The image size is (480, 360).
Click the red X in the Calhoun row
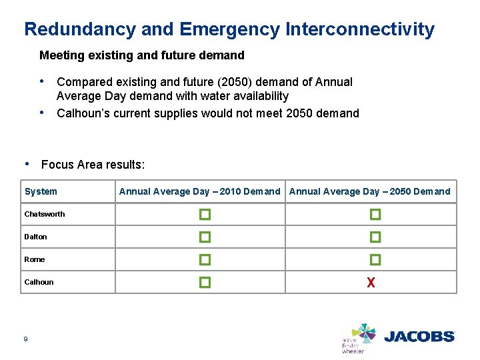(x=371, y=283)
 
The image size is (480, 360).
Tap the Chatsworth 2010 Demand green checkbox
(x=205, y=215)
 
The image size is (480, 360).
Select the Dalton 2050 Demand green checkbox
(x=375, y=237)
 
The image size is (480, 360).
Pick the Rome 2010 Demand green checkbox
(x=205, y=260)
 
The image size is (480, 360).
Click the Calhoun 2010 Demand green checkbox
(x=205, y=283)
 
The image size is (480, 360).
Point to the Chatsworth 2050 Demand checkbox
(x=375, y=215)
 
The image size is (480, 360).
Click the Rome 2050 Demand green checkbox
(x=375, y=260)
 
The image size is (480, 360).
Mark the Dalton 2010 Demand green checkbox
(x=205, y=237)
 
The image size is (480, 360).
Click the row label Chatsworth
(x=45, y=215)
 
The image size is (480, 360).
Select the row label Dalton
(x=36, y=237)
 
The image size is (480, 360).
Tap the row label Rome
(x=35, y=260)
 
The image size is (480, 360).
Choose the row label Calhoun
(x=39, y=283)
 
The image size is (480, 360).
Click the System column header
(x=41, y=192)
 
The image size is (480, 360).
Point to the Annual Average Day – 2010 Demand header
(x=199, y=192)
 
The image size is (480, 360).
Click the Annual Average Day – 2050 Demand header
(x=370, y=192)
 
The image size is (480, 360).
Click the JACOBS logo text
(x=419, y=337)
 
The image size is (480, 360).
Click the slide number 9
(x=25, y=339)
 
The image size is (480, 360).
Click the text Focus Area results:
(x=93, y=165)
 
